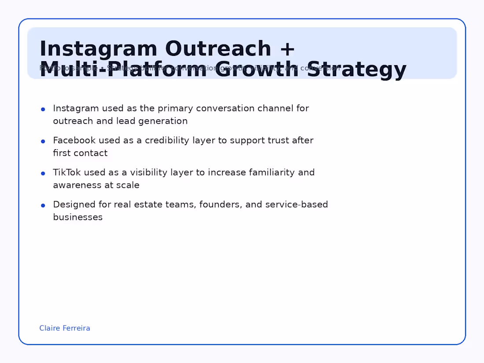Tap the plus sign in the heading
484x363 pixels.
[286, 49]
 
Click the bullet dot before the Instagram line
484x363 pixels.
[43, 109]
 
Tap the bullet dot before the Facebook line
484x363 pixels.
[43, 141]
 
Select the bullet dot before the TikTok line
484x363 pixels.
[43, 173]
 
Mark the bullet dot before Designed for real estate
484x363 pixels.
[43, 205]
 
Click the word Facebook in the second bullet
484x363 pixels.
[74, 140]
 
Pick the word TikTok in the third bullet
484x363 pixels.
[67, 172]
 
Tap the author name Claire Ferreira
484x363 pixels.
[65, 328]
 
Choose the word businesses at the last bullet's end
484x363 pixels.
[78, 217]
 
